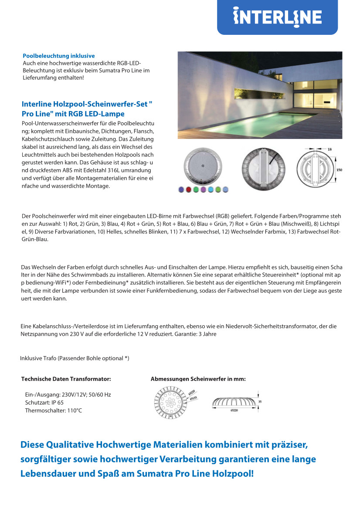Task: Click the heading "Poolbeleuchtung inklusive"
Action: point(58,56)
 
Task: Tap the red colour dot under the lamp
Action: point(188,189)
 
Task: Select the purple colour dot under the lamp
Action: point(203,189)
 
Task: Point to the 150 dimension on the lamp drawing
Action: point(339,169)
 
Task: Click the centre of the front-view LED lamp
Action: point(203,166)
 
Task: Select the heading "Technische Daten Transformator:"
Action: point(66,379)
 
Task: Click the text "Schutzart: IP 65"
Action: point(44,403)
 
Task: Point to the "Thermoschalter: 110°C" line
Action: point(53,411)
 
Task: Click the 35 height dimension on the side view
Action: point(260,402)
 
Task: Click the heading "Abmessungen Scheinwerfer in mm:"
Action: point(198,379)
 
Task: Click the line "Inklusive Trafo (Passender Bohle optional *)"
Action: point(75,358)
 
